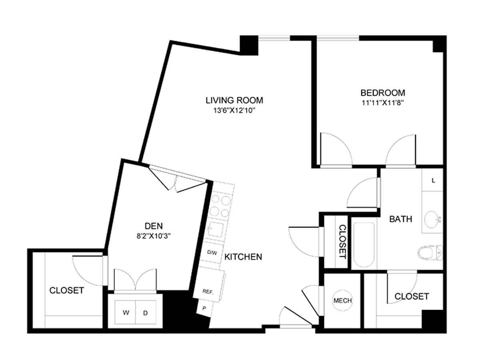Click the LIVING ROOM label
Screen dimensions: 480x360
tap(234, 100)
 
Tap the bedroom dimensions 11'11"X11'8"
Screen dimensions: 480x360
tap(382, 103)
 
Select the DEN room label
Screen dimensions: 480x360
tap(154, 226)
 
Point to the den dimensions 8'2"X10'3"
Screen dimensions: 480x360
tap(154, 236)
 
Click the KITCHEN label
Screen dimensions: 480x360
tap(243, 257)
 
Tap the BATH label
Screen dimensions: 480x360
tap(401, 219)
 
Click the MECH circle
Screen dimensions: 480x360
tap(342, 300)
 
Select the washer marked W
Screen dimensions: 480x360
tap(125, 312)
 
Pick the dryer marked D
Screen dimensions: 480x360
tap(146, 312)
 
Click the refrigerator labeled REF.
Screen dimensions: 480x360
tap(209, 285)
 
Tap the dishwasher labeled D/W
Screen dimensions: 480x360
tap(212, 252)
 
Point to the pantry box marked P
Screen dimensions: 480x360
tap(204, 308)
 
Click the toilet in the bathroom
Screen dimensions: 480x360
tap(430, 253)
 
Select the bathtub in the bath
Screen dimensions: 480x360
tap(364, 245)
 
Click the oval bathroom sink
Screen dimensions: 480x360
tap(432, 219)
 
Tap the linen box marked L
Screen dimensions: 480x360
tap(432, 180)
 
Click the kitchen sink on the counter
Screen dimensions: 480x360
tap(216, 229)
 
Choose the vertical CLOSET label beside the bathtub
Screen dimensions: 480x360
tap(342, 242)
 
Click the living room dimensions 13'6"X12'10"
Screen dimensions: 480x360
tap(234, 110)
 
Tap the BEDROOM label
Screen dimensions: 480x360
tap(383, 93)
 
